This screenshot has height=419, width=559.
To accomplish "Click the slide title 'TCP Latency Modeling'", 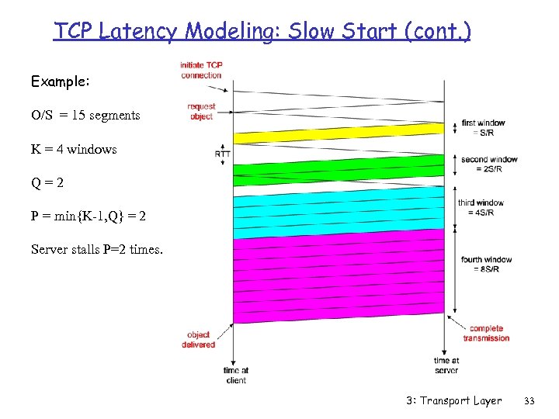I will click(262, 31).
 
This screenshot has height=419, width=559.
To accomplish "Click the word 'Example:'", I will click(61, 81).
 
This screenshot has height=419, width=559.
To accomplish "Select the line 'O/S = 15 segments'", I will click(85, 116).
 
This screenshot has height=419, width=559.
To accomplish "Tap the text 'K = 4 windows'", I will click(74, 149).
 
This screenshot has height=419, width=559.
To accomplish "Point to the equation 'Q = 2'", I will click(47, 183).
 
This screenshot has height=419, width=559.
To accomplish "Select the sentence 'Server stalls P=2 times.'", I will click(97, 249).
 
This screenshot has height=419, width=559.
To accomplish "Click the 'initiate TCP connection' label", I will click(201, 70).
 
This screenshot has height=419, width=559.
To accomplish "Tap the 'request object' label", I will click(201, 111).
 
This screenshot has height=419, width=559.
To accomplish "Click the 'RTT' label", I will click(222, 154).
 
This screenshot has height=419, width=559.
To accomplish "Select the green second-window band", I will click(342, 169).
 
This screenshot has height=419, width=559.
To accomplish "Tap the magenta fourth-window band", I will click(342, 279).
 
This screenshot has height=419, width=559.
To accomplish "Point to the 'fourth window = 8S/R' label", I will click(487, 265).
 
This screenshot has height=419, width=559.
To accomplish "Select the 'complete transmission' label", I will click(487, 333).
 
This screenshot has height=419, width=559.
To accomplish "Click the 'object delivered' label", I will click(199, 340).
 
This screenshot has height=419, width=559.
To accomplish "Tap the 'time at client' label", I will click(235, 376).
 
